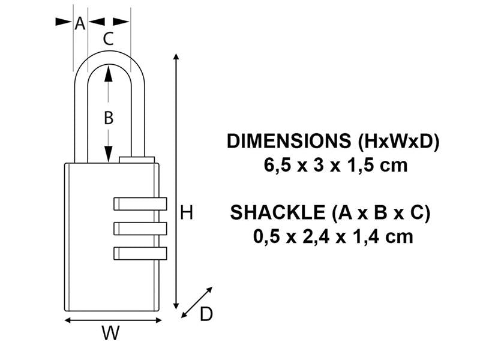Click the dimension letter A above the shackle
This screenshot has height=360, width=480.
tap(80, 23)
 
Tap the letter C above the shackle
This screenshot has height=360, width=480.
tap(108, 39)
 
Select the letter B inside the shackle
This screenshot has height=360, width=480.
tap(108, 118)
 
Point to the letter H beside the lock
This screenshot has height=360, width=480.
tap(187, 212)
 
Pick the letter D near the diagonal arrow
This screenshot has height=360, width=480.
tap(206, 314)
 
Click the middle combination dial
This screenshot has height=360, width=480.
tap(140, 229)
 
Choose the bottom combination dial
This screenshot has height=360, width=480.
tap(140, 253)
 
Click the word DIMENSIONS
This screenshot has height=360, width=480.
tap(289, 142)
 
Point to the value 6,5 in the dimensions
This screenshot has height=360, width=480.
tap(277, 165)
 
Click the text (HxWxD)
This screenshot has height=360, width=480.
tap(398, 142)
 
